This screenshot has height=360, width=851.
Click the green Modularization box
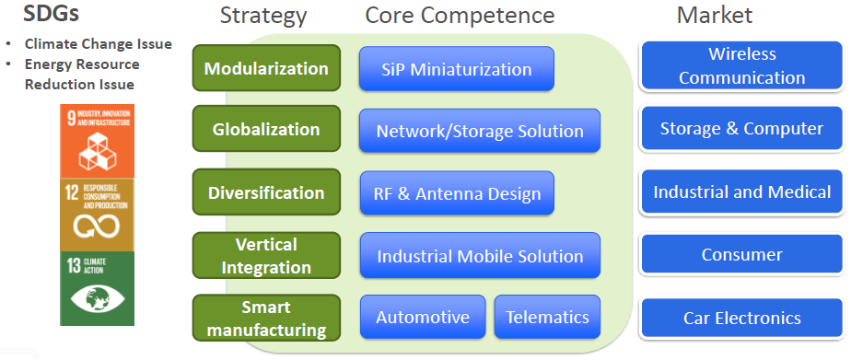point(266,68)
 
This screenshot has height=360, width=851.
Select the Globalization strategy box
point(266,129)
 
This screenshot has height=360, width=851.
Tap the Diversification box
point(266,192)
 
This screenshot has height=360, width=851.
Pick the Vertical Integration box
point(266,255)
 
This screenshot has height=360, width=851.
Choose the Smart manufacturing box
point(266,318)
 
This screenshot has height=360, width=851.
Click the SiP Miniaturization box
point(457,68)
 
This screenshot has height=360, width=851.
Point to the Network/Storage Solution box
point(480,131)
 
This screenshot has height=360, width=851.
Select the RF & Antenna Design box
point(457,193)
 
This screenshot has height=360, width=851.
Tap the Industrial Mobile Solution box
point(480,255)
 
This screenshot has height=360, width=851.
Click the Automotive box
point(423,317)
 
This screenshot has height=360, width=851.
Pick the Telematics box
point(548,317)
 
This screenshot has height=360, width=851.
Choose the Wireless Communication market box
point(742,65)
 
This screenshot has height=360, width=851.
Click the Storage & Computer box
point(742,128)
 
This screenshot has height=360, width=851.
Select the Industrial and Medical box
point(742,192)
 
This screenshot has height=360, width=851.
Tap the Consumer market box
point(742,254)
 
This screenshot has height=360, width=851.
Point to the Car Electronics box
point(742,318)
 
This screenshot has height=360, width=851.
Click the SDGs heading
point(51,14)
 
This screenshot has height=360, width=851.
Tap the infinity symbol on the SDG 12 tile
point(97,226)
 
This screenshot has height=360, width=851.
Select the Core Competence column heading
point(460,16)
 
